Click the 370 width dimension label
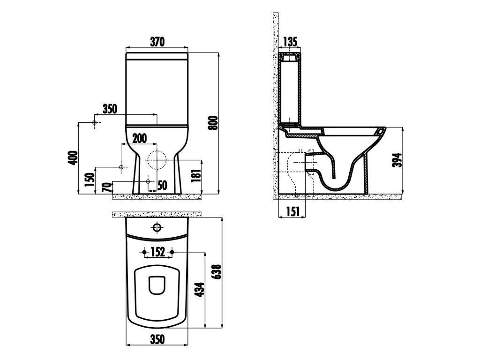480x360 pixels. (x=157, y=42)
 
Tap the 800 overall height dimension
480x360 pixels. (x=213, y=123)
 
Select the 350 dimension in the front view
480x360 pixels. (x=110, y=109)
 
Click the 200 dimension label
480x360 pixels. (x=139, y=138)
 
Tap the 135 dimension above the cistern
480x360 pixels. (x=290, y=41)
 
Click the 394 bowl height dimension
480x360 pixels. (x=397, y=160)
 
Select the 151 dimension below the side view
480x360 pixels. (x=292, y=211)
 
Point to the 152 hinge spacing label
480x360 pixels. (x=157, y=252)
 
